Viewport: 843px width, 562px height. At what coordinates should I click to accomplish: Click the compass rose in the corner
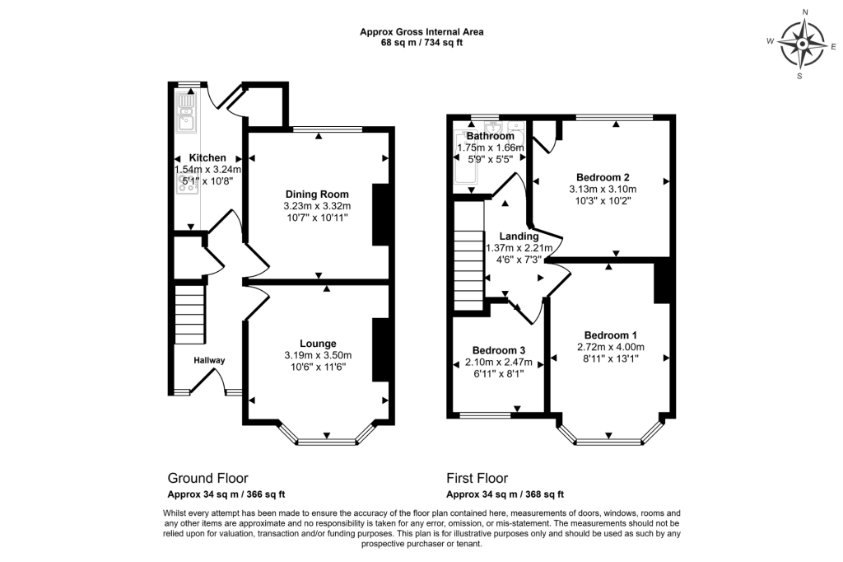pos(802,43)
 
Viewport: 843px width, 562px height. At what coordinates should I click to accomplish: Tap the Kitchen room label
pos(207,157)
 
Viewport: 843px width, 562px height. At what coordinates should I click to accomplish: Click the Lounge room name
pos(317,344)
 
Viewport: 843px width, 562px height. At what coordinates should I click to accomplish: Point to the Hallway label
pos(209,360)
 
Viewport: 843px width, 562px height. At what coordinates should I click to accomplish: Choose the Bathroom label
pos(490,136)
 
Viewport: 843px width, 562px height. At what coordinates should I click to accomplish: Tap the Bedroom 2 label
pos(603,177)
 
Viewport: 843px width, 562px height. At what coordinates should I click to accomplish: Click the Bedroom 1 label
pos(610,335)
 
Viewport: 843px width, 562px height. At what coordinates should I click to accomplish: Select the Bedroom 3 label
pos(498,349)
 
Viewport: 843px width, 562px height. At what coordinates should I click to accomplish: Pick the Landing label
pos(518,236)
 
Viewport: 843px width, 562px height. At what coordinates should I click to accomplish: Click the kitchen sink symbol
pos(186,114)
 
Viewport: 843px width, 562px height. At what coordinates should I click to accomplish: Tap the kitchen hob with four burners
pos(186,184)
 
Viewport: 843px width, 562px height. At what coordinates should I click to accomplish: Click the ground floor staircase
pos(190,314)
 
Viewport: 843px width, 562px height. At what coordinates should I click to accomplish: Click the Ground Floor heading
pos(207,478)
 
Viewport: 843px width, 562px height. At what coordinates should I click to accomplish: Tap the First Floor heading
pos(477,478)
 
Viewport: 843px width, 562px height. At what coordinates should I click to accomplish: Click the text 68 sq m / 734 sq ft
pos(421,43)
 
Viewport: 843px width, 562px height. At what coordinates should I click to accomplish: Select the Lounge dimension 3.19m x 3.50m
pos(317,355)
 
